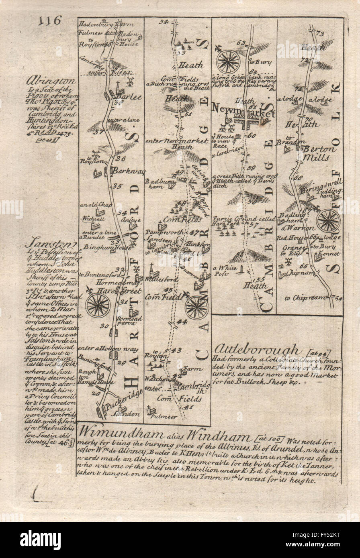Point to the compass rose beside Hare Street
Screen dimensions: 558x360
point(98,305)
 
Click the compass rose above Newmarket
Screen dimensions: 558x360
point(228,61)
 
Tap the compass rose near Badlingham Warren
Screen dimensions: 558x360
point(328,220)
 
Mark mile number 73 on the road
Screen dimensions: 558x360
point(320,33)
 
